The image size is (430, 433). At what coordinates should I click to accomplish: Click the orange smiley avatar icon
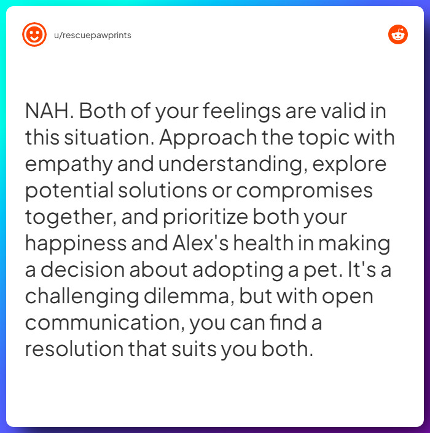[34, 35]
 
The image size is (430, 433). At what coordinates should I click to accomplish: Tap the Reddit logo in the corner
[398, 35]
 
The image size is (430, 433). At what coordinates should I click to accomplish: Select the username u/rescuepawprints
[93, 35]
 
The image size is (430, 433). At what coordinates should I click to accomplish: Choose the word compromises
[305, 191]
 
